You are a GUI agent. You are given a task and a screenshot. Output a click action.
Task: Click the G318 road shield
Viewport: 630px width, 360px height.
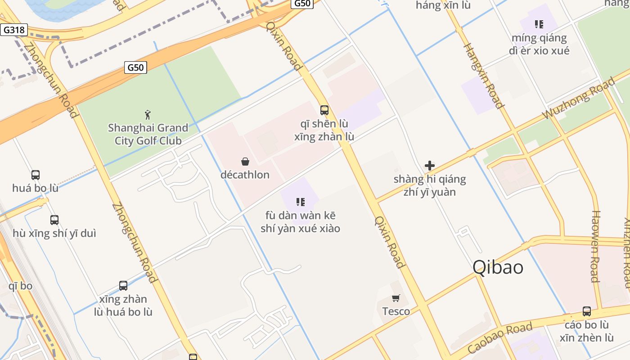tap(14, 30)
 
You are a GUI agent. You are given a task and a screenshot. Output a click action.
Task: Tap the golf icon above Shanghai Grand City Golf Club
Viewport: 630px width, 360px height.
tap(148, 115)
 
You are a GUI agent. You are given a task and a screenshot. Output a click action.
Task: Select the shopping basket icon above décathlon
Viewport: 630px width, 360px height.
tap(245, 162)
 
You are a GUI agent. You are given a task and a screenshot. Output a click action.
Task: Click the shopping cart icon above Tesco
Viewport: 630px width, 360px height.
tap(396, 298)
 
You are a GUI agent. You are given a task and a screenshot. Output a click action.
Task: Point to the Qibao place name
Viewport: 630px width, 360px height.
tap(498, 267)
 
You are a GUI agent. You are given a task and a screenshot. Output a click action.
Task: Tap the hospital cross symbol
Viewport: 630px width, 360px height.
tap(430, 166)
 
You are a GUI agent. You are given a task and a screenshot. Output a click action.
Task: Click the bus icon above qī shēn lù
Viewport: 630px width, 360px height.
tap(324, 110)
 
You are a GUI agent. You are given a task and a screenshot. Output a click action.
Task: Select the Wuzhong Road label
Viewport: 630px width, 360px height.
tap(578, 99)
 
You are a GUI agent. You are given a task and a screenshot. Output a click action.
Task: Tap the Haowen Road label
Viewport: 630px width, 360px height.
tap(595, 246)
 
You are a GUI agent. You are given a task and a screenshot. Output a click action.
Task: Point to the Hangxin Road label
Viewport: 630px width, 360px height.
tap(483, 76)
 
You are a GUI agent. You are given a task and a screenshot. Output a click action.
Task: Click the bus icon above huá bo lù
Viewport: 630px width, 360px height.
tap(35, 175)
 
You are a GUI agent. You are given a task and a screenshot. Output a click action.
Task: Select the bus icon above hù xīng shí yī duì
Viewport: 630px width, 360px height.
tap(54, 220)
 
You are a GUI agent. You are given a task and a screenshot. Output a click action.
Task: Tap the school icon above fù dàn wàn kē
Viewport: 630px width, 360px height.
tap(300, 202)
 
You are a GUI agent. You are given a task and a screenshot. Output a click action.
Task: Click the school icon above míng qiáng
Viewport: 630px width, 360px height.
tap(539, 24)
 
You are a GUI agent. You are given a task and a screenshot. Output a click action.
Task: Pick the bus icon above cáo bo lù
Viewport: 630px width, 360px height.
tap(587, 311)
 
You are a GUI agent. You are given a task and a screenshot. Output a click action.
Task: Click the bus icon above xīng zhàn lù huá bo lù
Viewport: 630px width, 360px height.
tap(123, 286)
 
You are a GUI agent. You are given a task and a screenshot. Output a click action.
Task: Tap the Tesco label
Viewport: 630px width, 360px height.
tap(396, 311)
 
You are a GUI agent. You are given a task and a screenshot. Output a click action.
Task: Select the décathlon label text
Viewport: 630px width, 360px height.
tap(245, 175)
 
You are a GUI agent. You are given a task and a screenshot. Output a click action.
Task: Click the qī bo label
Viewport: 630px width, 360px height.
tap(20, 286)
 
